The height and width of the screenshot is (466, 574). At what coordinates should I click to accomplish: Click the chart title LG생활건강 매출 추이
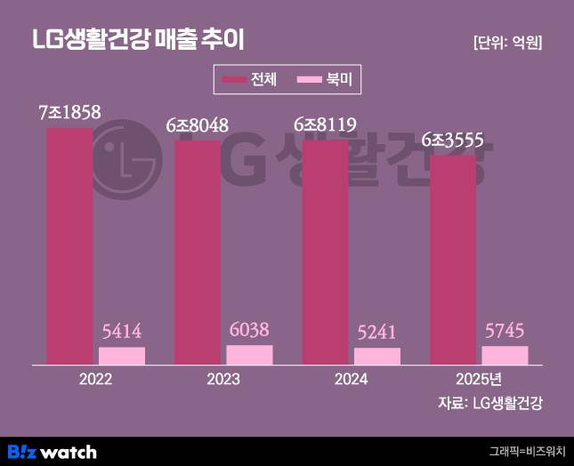point(137,39)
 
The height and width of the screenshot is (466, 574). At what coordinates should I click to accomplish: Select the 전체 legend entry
point(251,80)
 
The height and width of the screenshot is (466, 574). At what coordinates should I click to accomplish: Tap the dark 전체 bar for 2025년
point(452,260)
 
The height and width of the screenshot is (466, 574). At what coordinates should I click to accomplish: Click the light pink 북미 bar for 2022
point(122,356)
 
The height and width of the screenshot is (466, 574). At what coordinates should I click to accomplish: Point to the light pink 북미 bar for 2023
point(249,355)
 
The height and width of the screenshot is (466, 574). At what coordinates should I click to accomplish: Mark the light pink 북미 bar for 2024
point(377,356)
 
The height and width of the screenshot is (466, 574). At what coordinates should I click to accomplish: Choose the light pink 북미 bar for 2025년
point(505,355)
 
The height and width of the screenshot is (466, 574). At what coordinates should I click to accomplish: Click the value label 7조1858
point(69,112)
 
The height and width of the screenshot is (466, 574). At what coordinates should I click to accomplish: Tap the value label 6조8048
point(197,125)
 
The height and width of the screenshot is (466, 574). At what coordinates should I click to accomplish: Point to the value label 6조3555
point(452,140)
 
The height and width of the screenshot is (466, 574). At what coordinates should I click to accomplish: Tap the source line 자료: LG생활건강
point(489,404)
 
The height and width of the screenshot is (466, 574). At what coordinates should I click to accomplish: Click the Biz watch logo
point(52,451)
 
